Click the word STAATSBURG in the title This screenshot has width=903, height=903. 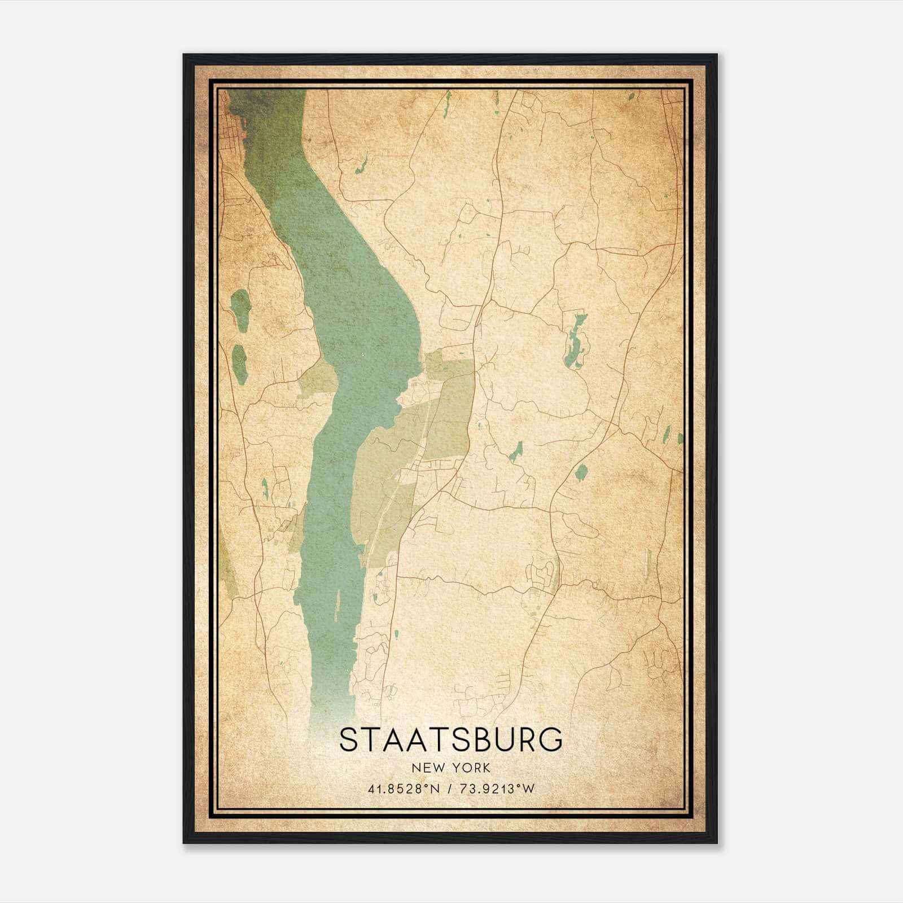point(451,740)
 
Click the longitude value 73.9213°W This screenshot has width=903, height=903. point(498,789)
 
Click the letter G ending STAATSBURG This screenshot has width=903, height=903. point(550,740)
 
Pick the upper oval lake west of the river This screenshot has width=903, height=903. point(240,310)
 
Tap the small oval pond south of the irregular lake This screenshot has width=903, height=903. point(580,472)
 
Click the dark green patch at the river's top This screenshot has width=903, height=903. point(254,104)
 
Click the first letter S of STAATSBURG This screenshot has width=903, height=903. point(349,740)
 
